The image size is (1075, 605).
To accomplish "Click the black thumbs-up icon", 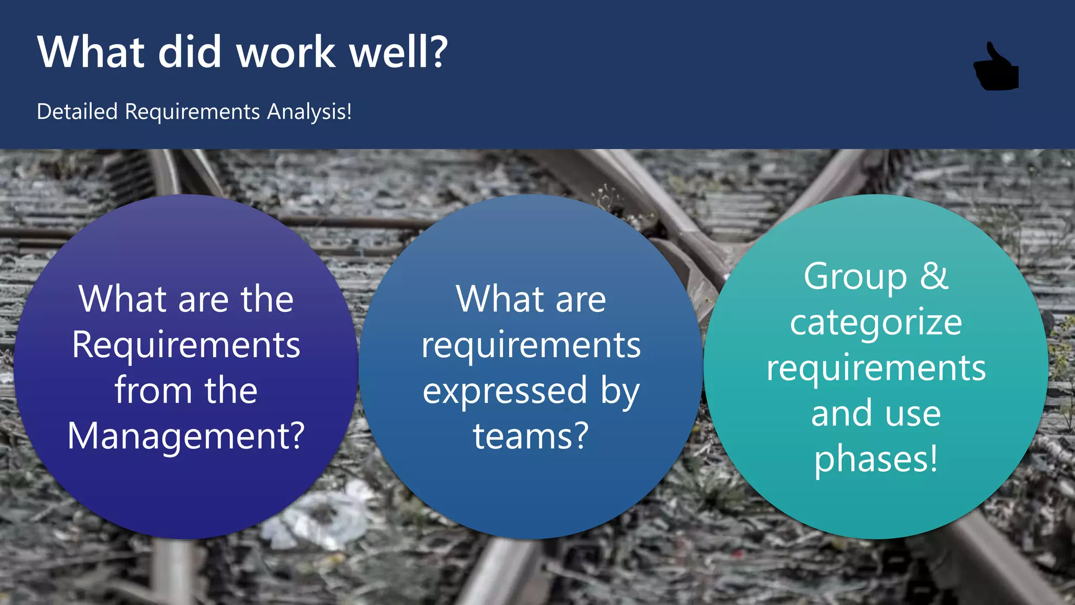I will point(996,68).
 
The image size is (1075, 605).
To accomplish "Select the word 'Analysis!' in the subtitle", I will point(309,112).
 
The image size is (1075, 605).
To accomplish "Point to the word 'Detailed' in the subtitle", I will point(77,112).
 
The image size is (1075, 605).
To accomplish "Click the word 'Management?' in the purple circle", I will point(186,436).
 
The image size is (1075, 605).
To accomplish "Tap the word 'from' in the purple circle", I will point(153,390).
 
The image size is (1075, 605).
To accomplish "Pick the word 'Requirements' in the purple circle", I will point(186,345).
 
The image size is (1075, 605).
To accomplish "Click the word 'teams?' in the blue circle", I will point(531,436).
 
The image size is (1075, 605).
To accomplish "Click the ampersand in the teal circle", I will point(934,276).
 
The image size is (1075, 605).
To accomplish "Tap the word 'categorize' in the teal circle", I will point(876,322).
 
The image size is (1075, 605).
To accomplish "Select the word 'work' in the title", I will point(286,52).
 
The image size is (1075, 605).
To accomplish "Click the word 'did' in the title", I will point(189,52).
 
